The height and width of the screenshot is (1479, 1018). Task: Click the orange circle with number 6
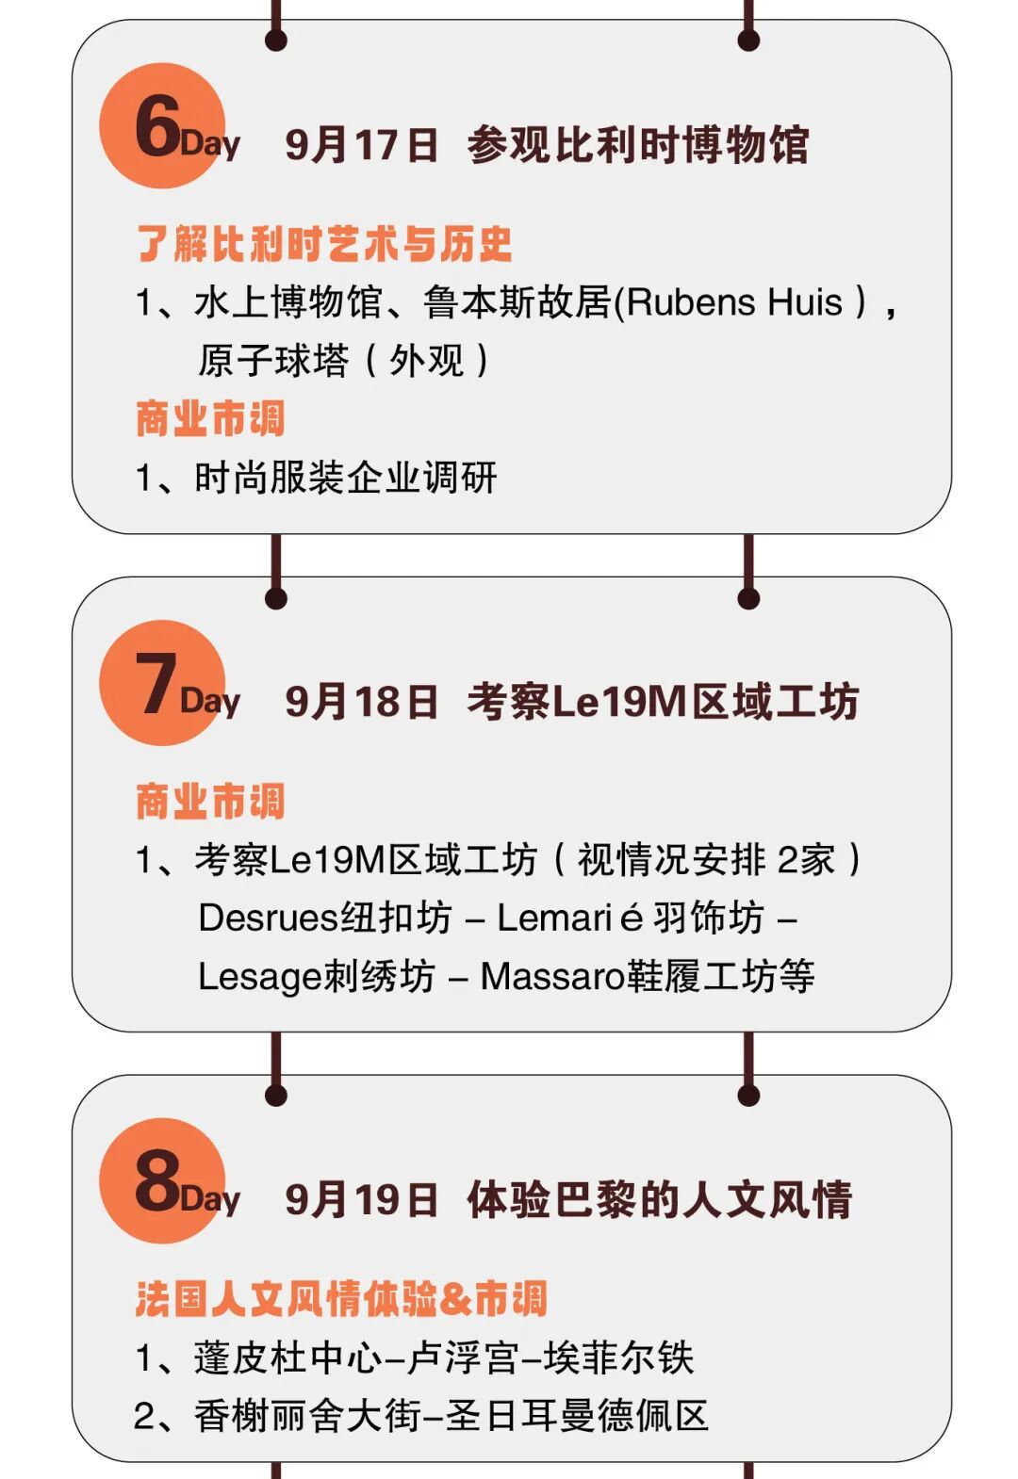point(162,125)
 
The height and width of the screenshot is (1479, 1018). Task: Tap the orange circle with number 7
point(162,683)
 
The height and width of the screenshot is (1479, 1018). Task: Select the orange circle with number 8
point(162,1180)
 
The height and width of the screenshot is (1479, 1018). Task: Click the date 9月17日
point(362,145)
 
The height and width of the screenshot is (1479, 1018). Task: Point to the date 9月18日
point(362,702)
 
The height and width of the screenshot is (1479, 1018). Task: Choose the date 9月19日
point(362,1200)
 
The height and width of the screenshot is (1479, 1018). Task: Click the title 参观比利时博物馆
point(638,145)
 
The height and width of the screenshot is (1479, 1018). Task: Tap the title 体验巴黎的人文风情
point(660,1200)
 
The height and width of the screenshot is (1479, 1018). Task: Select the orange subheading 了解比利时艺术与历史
point(324,244)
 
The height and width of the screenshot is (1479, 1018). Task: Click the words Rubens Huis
point(734,303)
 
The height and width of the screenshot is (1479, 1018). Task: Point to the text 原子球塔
point(273,361)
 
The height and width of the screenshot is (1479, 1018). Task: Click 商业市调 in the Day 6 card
point(210,419)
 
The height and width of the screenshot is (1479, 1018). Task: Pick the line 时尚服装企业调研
point(345,479)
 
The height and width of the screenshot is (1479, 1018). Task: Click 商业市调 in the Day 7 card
point(210,802)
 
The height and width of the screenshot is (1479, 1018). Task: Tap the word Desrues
point(268,918)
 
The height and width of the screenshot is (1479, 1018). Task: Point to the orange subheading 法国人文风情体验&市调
point(340,1299)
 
